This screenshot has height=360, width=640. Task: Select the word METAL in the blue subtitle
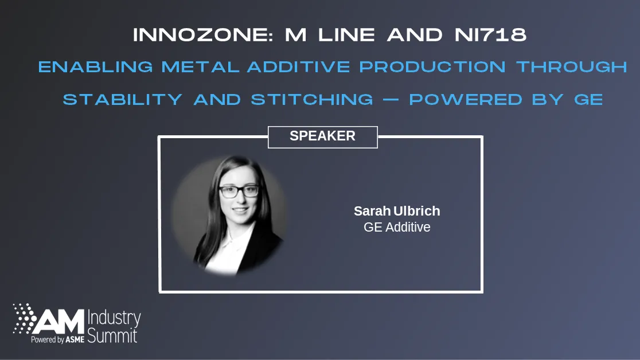click(200, 67)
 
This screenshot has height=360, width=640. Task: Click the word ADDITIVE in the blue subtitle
click(298, 67)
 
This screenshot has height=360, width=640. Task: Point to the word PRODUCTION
click(432, 67)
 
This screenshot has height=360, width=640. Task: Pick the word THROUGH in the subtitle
click(572, 67)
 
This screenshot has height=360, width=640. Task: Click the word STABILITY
click(122, 99)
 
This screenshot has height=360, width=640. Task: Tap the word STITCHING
click(312, 99)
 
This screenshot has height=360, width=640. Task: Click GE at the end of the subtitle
click(588, 99)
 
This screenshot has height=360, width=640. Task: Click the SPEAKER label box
click(322, 136)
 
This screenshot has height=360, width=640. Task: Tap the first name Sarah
click(372, 211)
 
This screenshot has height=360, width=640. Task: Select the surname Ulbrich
click(417, 211)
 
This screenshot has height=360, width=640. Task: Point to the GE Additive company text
click(397, 227)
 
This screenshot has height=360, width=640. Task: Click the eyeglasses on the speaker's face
click(239, 191)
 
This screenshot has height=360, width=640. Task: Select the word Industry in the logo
click(114, 318)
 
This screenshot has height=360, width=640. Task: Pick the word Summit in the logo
click(112, 335)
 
